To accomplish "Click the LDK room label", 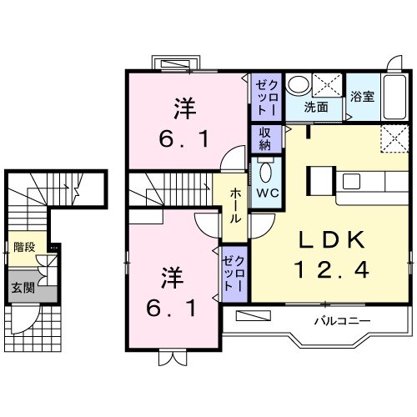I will point(329,240).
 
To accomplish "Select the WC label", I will point(266,193).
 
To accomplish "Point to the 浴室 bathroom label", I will point(363,95).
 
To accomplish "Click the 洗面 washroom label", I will point(315,107).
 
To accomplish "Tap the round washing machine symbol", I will point(297,85).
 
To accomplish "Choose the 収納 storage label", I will point(265,138).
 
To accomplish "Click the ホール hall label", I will point(236,203).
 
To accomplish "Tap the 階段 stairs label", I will point(23,247).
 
